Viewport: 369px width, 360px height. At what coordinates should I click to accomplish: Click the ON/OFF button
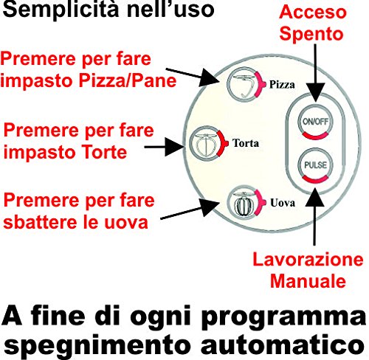[x=315, y=122]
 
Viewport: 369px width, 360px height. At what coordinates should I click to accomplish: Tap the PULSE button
[x=315, y=165]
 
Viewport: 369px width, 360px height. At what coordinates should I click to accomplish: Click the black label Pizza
[x=282, y=85]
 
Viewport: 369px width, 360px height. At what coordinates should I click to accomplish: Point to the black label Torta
[x=246, y=143]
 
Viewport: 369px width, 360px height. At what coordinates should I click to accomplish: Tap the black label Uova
[x=283, y=203]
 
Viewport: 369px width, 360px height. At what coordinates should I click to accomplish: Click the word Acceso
[x=313, y=12]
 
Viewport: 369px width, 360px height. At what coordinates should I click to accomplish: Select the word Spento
[x=311, y=33]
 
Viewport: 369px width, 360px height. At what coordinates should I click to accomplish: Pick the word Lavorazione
[x=308, y=260]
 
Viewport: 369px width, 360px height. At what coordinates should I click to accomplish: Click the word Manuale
[x=308, y=281]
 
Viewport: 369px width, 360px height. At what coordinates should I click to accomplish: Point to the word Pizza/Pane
[x=128, y=80]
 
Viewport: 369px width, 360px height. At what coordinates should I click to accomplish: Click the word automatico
[x=283, y=346]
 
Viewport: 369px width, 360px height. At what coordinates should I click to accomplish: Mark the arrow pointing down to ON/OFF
[x=315, y=73]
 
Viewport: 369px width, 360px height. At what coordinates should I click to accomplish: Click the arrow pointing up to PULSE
[x=314, y=216]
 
